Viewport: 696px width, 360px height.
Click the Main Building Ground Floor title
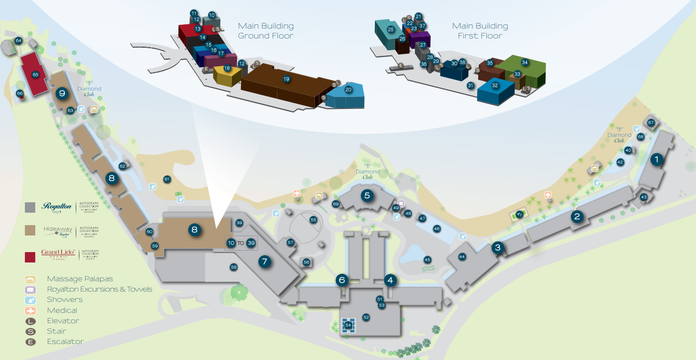(x=266, y=31)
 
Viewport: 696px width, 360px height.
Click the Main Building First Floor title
(x=480, y=31)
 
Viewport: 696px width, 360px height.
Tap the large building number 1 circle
(x=657, y=160)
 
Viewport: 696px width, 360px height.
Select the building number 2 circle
(x=577, y=217)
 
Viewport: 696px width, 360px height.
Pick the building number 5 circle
(x=367, y=196)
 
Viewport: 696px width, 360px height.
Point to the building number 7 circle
(x=265, y=261)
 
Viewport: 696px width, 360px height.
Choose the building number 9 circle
(x=62, y=93)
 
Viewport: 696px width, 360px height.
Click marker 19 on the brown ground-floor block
(x=286, y=79)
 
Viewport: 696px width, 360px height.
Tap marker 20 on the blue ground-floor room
(x=349, y=89)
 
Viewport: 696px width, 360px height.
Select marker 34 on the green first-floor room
(x=525, y=62)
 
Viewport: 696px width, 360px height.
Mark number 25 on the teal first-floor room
(x=391, y=30)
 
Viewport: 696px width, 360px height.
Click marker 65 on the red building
(x=35, y=75)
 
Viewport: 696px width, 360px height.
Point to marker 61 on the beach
(x=167, y=179)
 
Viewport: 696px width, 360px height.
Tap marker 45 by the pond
(x=427, y=259)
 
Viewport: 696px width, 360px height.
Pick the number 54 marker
(x=349, y=325)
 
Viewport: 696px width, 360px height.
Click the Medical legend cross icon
(x=31, y=310)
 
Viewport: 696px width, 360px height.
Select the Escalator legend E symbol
(x=31, y=342)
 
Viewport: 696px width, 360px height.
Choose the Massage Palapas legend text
(x=80, y=279)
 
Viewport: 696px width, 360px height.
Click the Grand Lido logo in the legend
(x=59, y=254)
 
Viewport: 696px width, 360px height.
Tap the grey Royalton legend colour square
(x=30, y=207)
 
